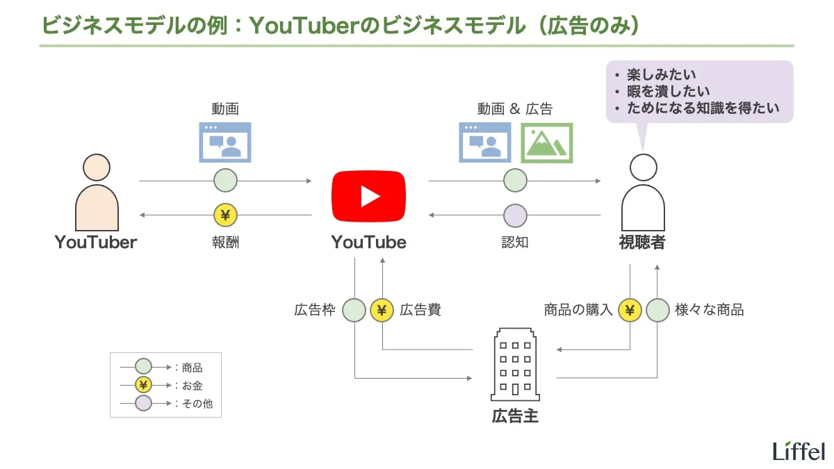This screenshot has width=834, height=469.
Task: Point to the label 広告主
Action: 515,416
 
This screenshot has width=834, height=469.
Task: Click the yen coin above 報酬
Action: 225,215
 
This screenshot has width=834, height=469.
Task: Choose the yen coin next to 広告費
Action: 382,310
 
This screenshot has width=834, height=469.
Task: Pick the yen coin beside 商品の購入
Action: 630,310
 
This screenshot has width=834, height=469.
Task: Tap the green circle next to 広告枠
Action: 354,310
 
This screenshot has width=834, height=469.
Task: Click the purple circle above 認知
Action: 515,215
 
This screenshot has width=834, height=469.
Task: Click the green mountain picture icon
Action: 546,142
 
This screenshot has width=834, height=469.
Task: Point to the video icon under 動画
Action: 224,142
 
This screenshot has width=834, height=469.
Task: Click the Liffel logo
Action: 799,450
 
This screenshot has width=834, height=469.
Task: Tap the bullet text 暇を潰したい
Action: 668,91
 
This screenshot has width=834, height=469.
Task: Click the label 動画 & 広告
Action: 514,109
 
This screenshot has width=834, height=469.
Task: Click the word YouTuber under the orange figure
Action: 96,242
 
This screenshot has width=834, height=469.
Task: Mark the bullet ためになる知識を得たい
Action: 703,108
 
